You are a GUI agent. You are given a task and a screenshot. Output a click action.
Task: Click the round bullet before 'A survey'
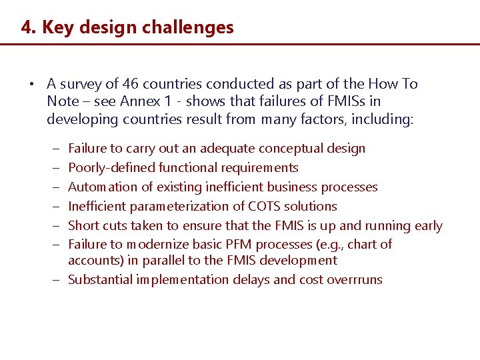pyautogui.click(x=31, y=85)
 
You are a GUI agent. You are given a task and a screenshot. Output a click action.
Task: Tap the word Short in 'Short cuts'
pyautogui.click(x=83, y=225)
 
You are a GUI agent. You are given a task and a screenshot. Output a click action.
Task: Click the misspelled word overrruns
pyautogui.click(x=355, y=279)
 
